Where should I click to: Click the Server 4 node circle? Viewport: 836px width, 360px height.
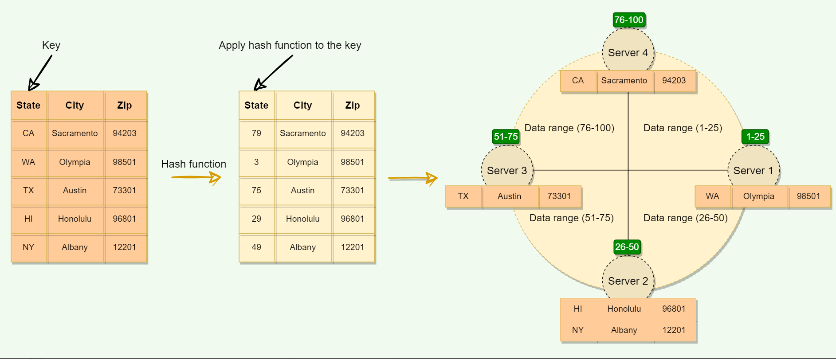tap(628, 51)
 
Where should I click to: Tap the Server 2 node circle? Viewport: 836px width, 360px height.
tap(628, 279)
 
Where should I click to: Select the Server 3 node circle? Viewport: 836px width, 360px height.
tap(507, 169)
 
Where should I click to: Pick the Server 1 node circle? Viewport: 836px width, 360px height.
tap(753, 169)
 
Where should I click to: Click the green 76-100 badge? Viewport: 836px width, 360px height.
tap(628, 20)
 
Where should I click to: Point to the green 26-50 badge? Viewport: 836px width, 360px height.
tap(627, 247)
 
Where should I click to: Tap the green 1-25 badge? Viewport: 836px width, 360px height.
tap(755, 137)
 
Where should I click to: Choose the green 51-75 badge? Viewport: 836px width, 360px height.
tap(506, 137)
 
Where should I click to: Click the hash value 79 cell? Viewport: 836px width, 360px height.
tap(256, 133)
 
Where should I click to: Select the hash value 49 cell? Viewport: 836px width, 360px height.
tap(256, 247)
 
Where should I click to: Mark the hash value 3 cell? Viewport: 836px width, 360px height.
tap(256, 162)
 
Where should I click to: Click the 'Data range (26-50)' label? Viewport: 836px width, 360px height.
tap(685, 218)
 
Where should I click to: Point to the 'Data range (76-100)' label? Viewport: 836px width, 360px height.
tap(569, 128)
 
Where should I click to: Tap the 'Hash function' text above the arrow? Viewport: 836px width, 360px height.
tap(193, 164)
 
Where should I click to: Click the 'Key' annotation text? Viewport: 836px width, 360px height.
tap(51, 45)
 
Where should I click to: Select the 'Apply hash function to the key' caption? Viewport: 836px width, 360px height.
tap(290, 45)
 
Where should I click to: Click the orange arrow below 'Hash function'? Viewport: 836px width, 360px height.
tap(196, 177)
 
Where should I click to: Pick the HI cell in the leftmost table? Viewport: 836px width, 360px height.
tap(28, 219)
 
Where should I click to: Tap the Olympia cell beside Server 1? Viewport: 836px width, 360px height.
tap(758, 196)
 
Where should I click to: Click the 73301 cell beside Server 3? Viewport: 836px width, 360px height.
tap(559, 196)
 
